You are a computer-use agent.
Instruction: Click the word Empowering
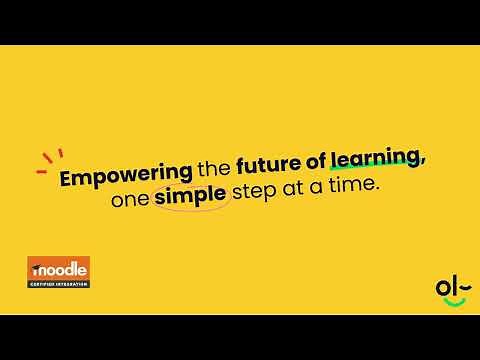[125, 179]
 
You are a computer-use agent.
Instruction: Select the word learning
[374, 176]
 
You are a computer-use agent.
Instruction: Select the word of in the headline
[315, 179]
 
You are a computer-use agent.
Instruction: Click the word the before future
[212, 179]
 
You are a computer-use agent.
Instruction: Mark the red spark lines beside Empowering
[49, 161]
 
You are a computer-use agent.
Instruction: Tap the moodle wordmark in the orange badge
[58, 270]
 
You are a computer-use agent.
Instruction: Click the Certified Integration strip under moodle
[58, 283]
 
